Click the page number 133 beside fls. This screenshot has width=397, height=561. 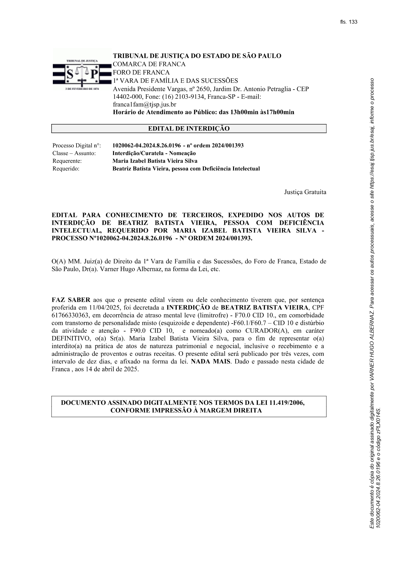point(353,22)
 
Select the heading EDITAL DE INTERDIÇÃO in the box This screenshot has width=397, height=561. point(189,129)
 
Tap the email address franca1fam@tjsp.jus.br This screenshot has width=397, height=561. point(144,105)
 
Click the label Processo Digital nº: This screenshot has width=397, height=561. point(77,146)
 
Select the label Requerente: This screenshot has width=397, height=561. point(67,161)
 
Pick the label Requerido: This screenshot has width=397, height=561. point(66,169)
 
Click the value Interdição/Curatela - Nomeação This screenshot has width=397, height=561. point(154,153)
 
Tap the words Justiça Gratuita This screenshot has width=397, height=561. point(305,192)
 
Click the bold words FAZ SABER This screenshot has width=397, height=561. point(71,300)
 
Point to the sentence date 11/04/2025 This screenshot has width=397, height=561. point(99,308)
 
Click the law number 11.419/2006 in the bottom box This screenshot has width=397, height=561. point(287,403)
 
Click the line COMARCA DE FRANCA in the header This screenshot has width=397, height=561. point(149,64)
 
